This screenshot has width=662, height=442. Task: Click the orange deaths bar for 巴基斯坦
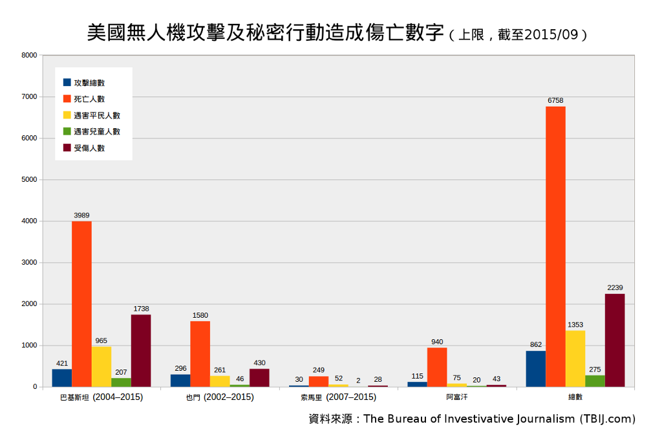[x=81, y=304]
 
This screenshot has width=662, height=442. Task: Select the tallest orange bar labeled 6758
[x=555, y=247]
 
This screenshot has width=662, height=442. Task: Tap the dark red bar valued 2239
[x=615, y=340]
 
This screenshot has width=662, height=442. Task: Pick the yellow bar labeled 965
[x=101, y=367]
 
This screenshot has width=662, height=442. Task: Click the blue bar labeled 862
[x=535, y=369]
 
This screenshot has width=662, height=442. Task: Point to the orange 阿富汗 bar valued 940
[x=437, y=367]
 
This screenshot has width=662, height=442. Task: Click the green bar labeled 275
[x=595, y=381]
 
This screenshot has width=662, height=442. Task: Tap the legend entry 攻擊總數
[x=89, y=83]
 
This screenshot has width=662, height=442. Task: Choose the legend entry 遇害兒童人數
[x=97, y=131]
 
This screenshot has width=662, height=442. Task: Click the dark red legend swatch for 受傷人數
[x=67, y=148]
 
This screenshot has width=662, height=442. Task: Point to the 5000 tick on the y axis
[x=29, y=180]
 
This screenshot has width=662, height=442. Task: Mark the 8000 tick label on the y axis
[x=29, y=56]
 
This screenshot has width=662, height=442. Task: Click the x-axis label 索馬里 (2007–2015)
[x=338, y=397]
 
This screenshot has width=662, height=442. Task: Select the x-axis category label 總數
[x=575, y=397]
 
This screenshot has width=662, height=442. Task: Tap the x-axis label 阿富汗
[x=456, y=397]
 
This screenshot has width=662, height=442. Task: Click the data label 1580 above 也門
[x=200, y=315]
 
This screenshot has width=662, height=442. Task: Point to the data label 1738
[x=141, y=309]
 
